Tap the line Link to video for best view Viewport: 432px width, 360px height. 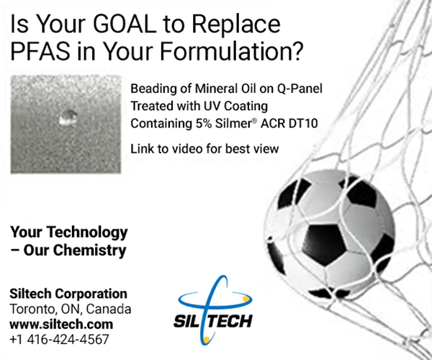(x=204, y=149)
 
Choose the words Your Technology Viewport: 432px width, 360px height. (x=68, y=233)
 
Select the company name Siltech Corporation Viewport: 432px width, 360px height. (x=68, y=294)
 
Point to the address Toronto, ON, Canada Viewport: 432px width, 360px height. (x=71, y=309)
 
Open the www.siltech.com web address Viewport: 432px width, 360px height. (x=61, y=324)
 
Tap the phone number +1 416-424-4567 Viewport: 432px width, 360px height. (x=60, y=338)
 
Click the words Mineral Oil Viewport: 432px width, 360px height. (x=215, y=89)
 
